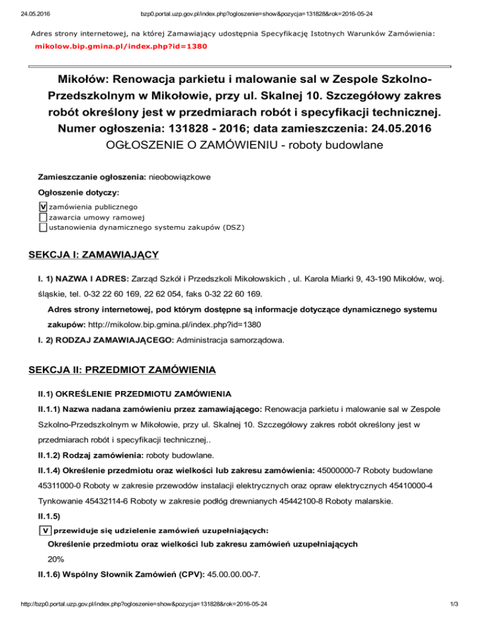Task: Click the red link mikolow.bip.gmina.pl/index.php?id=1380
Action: (x=121, y=46)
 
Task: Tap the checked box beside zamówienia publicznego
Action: (x=42, y=206)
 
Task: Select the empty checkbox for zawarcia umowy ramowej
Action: (x=42, y=217)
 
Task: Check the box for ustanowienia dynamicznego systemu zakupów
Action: (x=42, y=227)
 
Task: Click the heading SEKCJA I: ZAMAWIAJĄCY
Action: (x=95, y=255)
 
